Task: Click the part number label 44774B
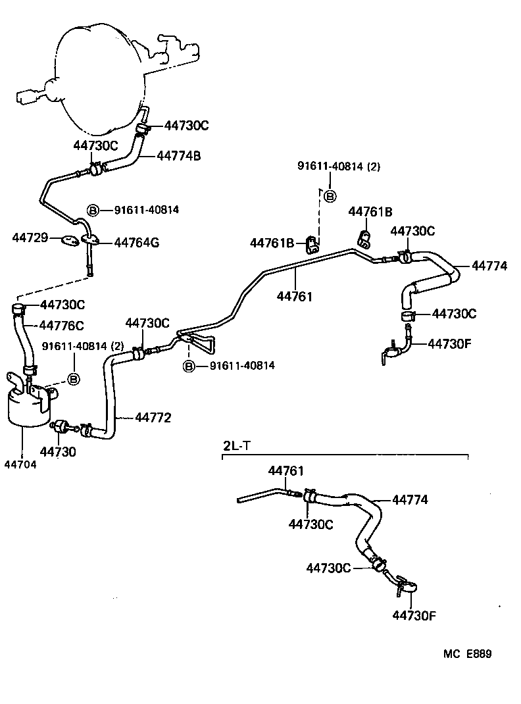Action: coord(178,156)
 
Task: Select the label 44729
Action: coord(30,237)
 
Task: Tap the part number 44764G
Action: coord(137,243)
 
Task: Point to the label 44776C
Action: coord(62,325)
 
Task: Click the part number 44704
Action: coord(20,464)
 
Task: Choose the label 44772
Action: coord(153,417)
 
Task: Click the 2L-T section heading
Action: coord(237,445)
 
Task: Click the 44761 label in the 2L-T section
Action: coord(285,471)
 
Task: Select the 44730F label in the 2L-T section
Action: coord(414,616)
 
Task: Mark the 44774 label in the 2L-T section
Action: coord(410,500)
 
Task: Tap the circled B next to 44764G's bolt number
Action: coord(93,210)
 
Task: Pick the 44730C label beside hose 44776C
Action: coord(62,305)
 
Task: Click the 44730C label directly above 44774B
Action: coord(186,125)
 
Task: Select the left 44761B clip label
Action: coord(272,243)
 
